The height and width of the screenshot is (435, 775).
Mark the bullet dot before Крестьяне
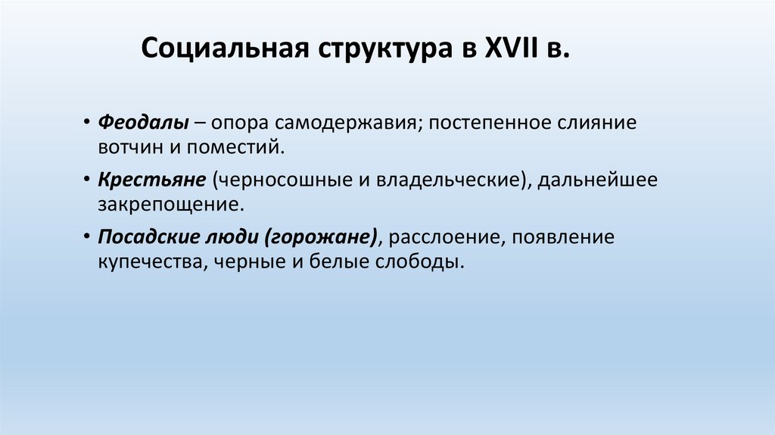pyautogui.click(x=89, y=181)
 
